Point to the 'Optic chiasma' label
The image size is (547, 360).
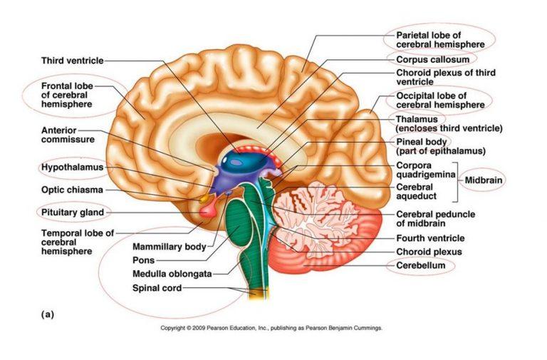coord(72,190)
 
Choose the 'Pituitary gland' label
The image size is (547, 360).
coord(72,212)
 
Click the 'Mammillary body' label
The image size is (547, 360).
coord(169,247)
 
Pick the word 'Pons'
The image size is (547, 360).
coord(143,260)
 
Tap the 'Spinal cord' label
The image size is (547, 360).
coord(157,288)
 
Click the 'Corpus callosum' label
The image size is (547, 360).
coord(432,59)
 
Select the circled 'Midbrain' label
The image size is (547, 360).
coord(484,180)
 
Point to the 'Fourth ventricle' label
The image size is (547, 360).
coord(430,238)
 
